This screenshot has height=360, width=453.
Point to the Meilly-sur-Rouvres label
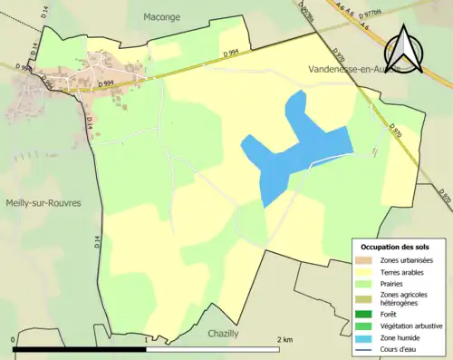41,203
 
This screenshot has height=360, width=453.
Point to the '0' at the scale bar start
14,339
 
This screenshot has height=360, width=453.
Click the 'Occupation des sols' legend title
395,246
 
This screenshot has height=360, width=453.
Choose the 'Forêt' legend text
390,315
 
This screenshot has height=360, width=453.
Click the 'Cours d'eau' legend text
403,348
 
